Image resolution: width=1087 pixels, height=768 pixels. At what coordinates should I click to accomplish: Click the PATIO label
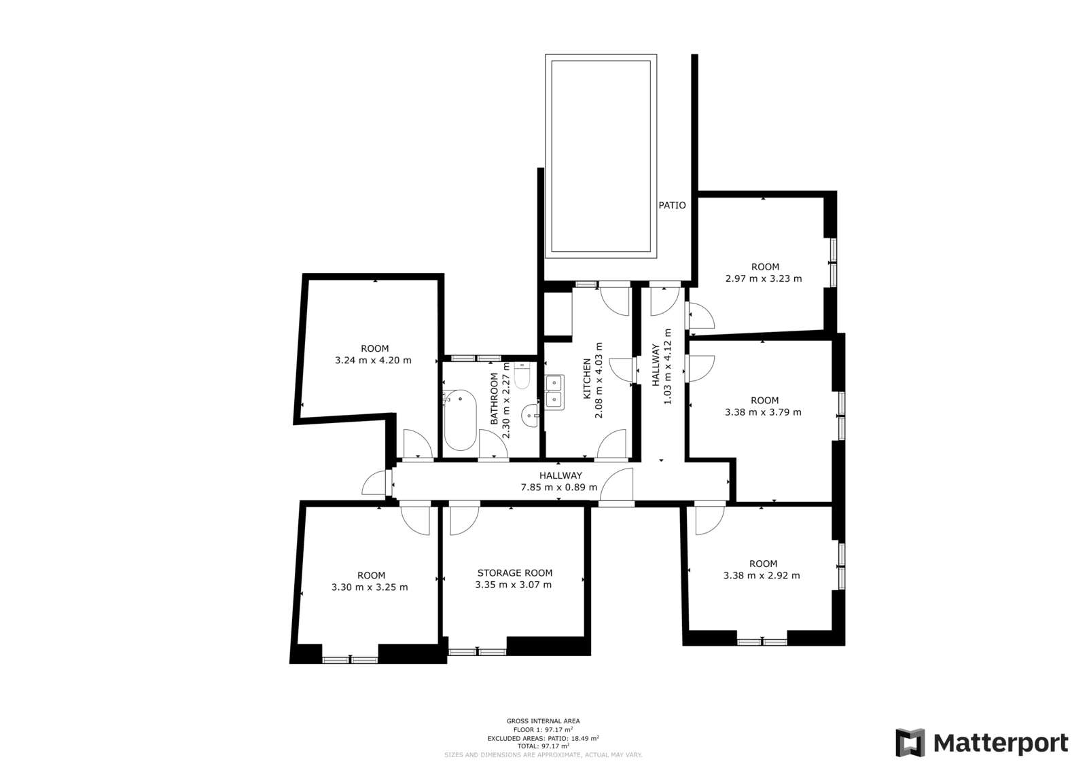[x=672, y=205]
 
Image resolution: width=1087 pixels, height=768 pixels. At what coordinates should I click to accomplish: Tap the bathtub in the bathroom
[x=460, y=420]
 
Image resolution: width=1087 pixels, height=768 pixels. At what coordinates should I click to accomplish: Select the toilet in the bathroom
[x=522, y=376]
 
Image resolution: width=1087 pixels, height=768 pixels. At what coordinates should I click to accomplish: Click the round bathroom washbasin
[x=530, y=416]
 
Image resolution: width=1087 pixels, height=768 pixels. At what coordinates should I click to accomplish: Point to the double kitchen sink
[x=554, y=392]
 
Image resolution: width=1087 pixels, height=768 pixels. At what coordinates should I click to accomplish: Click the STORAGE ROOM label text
[x=514, y=573]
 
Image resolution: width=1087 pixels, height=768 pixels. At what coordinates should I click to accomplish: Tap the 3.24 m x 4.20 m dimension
[x=373, y=361]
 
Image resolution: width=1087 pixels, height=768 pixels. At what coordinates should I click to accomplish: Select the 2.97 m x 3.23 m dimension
[x=764, y=279]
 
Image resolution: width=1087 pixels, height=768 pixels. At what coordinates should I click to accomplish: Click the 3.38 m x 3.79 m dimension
[x=764, y=412]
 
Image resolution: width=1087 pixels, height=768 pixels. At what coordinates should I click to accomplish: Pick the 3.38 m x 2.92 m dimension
[x=762, y=576]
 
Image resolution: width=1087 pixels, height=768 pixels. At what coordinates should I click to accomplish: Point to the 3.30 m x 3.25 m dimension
[x=370, y=587]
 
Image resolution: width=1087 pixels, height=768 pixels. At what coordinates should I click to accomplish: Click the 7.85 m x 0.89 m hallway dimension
[x=559, y=488]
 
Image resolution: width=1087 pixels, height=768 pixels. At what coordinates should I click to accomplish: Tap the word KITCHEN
[x=587, y=378]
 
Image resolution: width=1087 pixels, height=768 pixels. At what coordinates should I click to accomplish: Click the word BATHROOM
[x=494, y=399]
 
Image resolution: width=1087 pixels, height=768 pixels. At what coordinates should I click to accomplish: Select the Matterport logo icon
[x=910, y=743]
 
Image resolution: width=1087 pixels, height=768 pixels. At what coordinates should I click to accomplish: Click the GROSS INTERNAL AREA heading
[x=543, y=721]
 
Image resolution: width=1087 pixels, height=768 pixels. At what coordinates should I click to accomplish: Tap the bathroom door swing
[x=493, y=443]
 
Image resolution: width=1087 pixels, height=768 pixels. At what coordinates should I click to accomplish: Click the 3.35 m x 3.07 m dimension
[x=514, y=585]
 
